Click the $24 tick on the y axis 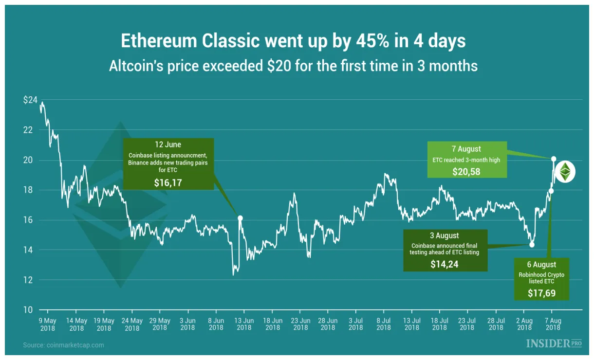click(30, 100)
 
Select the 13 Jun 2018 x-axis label click(244, 324)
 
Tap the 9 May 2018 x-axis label click(48, 324)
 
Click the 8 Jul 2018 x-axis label click(384, 324)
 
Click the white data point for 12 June click(240, 218)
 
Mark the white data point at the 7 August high click(554, 159)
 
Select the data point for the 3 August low click(532, 245)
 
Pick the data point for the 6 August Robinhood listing click(551, 191)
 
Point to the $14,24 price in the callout click(445, 264)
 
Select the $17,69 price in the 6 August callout click(541, 293)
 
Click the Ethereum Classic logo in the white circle click(565, 171)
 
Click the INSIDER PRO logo click(554, 343)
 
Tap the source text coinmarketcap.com click(76, 345)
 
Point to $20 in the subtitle click(278, 66)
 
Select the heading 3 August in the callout click(445, 236)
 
